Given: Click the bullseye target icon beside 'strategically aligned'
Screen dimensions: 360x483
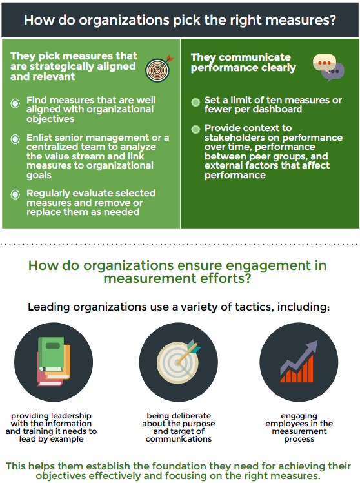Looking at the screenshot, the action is (159, 68).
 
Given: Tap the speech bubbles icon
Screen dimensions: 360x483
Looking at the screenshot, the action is (328, 68).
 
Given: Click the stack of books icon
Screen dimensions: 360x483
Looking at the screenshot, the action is (54, 362).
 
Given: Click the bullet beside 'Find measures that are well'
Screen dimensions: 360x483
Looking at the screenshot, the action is (15, 103).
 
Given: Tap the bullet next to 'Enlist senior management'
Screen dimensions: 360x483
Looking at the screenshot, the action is (15, 139).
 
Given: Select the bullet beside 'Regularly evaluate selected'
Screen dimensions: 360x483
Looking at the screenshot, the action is (15, 194).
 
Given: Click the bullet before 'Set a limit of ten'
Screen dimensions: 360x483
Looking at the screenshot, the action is (195, 102).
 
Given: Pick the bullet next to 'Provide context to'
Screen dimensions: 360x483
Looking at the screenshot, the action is (195, 129).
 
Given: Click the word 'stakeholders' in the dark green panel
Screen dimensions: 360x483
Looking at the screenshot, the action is (236, 138).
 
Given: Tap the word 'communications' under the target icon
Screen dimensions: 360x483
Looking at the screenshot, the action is (179, 439).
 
